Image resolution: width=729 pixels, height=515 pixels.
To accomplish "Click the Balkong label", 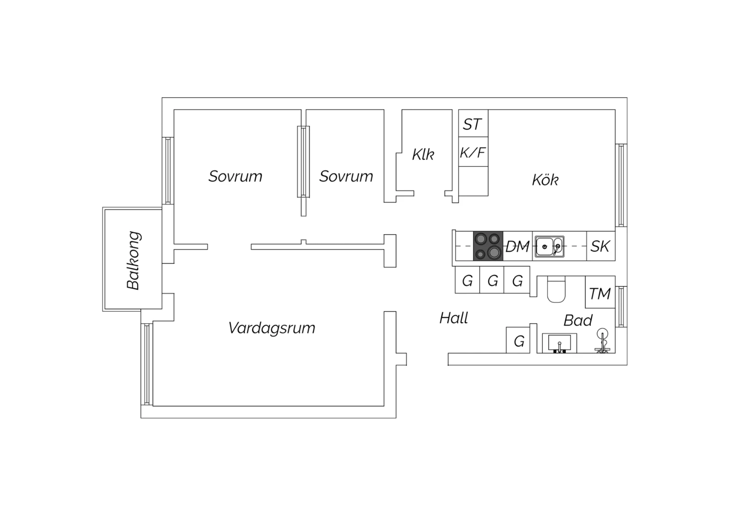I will [133, 260].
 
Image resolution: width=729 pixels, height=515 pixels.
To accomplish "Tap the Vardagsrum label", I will [272, 328].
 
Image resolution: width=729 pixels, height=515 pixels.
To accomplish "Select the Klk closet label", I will [423, 154].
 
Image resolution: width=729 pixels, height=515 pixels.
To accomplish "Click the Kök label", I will [545, 180].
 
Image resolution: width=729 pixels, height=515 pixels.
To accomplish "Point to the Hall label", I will [453, 318].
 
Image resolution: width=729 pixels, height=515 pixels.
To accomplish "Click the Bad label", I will [578, 321].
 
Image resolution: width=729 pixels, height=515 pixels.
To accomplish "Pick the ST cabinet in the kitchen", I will [473, 124].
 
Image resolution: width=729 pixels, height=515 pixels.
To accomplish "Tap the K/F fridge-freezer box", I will [473, 153].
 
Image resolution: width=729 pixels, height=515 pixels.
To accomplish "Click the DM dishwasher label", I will [518, 247].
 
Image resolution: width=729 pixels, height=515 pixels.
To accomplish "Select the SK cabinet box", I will [600, 246].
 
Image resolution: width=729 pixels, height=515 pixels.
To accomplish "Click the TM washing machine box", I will [600, 293].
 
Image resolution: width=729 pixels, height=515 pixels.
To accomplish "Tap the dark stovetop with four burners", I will [488, 246].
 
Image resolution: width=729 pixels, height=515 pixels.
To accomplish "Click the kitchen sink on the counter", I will [550, 247].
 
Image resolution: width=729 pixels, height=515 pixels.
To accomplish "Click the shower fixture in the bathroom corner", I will [603, 341].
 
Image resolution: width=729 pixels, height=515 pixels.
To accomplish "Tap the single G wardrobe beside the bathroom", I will [519, 341].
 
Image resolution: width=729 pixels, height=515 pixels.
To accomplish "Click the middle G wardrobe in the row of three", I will [492, 281].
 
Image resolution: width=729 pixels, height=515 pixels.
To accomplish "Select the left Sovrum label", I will [235, 176].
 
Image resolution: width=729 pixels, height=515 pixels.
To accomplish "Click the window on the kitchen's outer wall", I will [621, 185].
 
